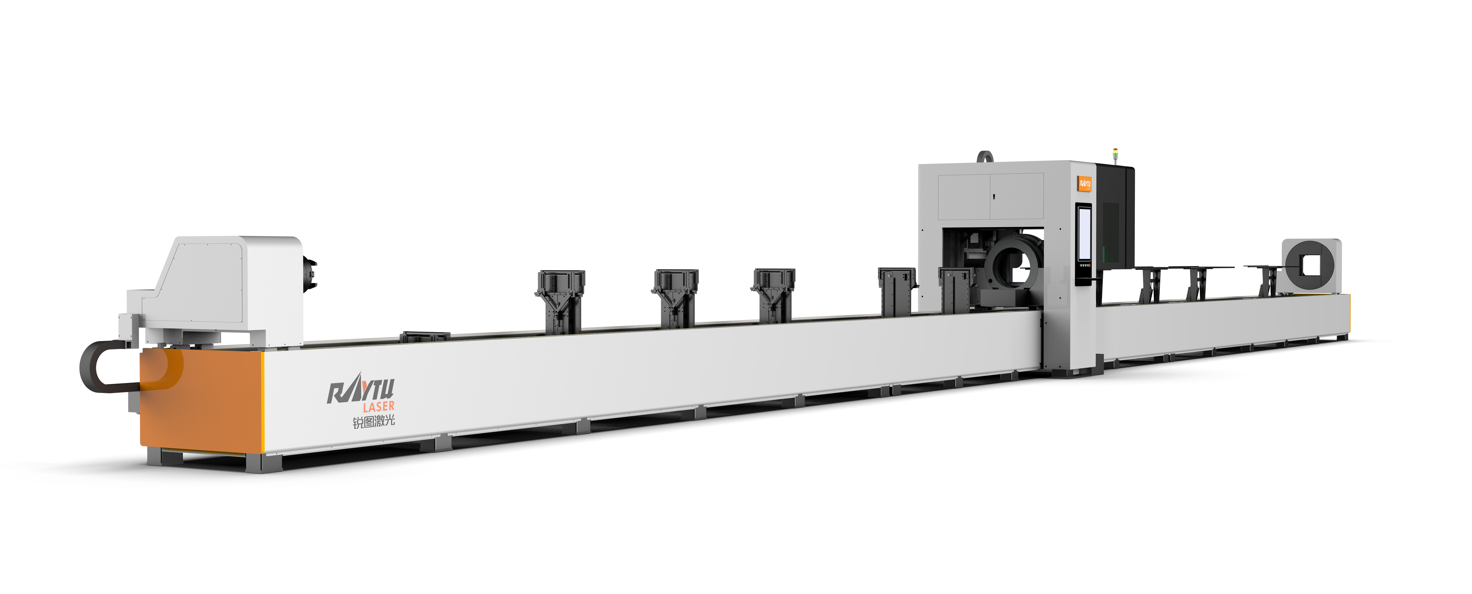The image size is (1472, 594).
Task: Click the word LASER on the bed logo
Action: [378, 407]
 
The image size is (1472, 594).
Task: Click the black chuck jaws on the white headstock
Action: [310, 273]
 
